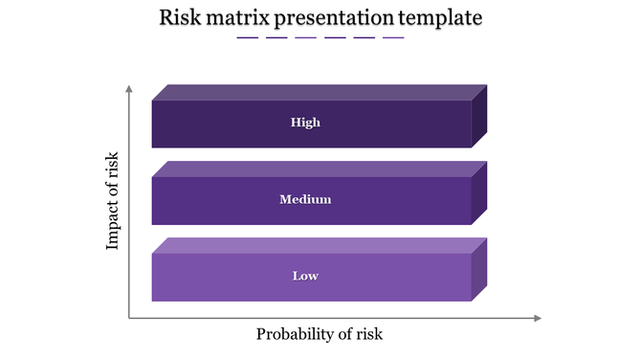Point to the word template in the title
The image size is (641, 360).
pyautogui.click(x=441, y=18)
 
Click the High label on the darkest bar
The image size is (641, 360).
pyautogui.click(x=306, y=123)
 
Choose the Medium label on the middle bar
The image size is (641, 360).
pyautogui.click(x=305, y=200)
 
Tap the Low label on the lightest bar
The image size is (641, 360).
pyautogui.click(x=305, y=277)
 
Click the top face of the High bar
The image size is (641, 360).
pyautogui.click(x=320, y=93)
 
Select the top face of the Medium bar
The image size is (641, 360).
pyautogui.click(x=320, y=169)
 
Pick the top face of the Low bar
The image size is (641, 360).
pyautogui.click(x=320, y=246)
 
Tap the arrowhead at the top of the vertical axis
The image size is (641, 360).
pyautogui.click(x=128, y=88)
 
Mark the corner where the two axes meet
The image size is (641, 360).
pyautogui.click(x=128, y=318)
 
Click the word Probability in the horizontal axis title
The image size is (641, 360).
pyautogui.click(x=297, y=334)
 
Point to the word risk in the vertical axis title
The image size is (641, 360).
pyautogui.click(x=113, y=166)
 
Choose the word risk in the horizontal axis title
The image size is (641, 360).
pyautogui.click(x=367, y=334)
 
